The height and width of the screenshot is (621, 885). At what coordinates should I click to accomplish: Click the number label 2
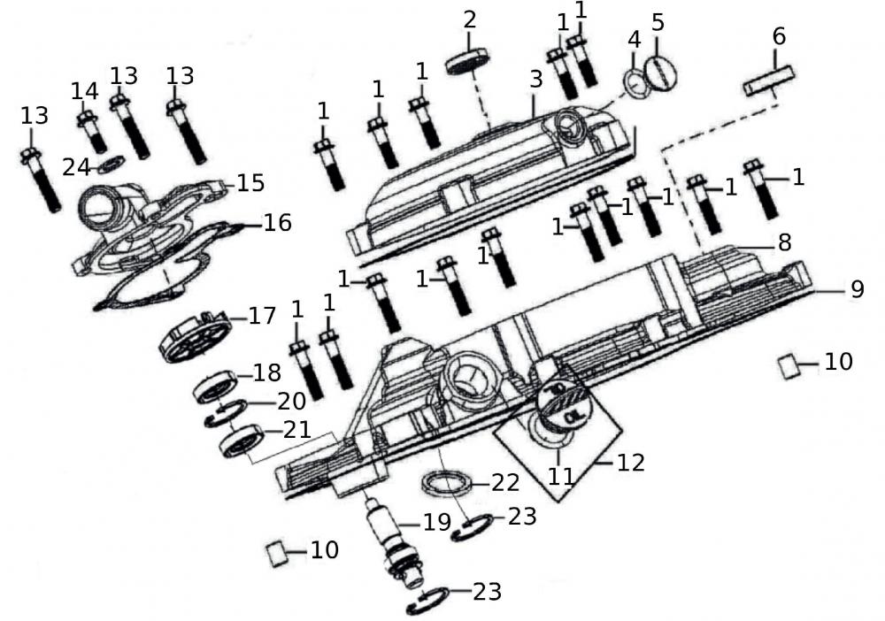click(x=470, y=19)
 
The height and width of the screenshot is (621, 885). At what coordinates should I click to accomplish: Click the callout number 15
click(x=250, y=183)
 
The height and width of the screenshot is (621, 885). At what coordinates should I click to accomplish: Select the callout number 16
click(x=277, y=223)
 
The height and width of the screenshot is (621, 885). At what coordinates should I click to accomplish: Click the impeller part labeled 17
click(x=192, y=335)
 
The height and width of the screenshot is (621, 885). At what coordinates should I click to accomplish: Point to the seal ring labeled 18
click(x=216, y=386)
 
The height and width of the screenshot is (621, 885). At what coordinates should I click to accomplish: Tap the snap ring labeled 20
click(x=225, y=414)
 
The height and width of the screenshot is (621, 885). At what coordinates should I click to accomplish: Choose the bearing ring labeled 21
click(x=242, y=440)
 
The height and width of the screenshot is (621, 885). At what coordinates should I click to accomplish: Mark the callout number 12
click(x=632, y=462)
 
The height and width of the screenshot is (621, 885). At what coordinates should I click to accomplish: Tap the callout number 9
click(x=856, y=289)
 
